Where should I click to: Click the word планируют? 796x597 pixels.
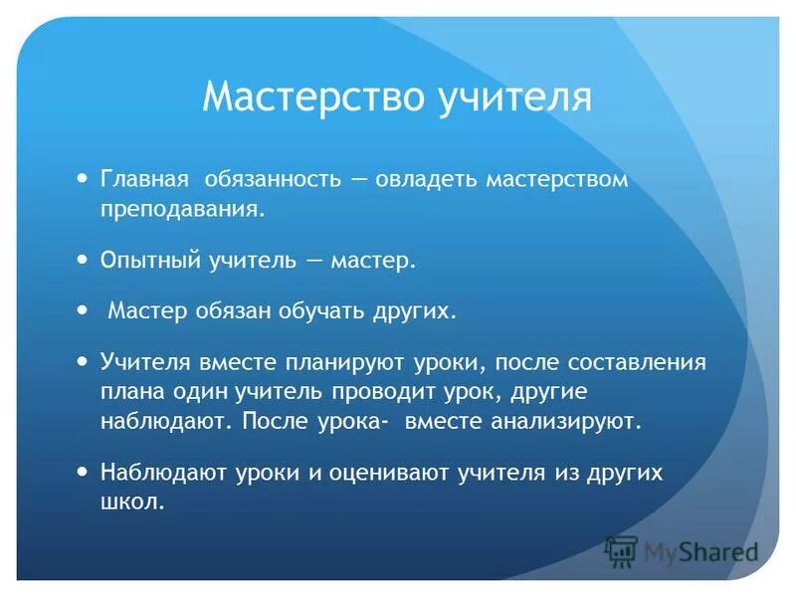(x=336, y=361)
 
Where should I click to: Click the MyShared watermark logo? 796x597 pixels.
(x=681, y=550)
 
